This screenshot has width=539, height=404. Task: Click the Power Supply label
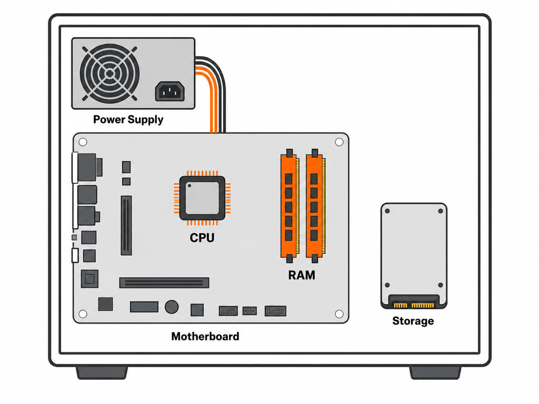[x=128, y=119]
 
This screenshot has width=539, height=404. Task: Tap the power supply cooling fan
[x=109, y=73]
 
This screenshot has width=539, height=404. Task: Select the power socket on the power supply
[x=170, y=91]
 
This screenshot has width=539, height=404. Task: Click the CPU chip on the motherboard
[x=202, y=198]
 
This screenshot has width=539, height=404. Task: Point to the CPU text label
[x=202, y=238]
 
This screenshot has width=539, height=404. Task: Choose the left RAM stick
[x=290, y=206]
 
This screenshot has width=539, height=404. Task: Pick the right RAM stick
[x=315, y=206]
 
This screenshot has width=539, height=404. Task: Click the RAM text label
[x=302, y=275]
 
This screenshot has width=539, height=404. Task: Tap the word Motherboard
[x=205, y=336]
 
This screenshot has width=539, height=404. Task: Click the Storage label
[x=413, y=321]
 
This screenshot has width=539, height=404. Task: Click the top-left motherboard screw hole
[x=83, y=142]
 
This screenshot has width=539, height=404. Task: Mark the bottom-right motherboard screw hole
[x=339, y=314]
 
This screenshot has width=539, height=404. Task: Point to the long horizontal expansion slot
[x=164, y=282]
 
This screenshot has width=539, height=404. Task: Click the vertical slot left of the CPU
[x=126, y=225]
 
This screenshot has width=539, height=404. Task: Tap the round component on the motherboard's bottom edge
[x=172, y=307]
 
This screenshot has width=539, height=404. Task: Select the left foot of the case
[x=102, y=373]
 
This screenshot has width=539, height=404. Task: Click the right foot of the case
[x=435, y=373]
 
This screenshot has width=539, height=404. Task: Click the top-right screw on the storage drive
[x=441, y=211]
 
